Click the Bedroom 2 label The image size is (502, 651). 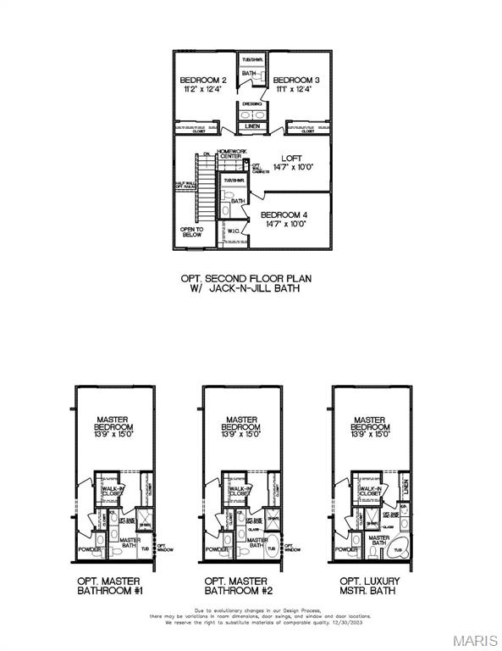tap(201, 81)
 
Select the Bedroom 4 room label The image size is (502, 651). tap(284, 215)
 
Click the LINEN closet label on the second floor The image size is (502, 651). tap(253, 127)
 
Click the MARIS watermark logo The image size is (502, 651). tap(476, 640)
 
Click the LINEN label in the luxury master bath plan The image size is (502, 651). tap(405, 487)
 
